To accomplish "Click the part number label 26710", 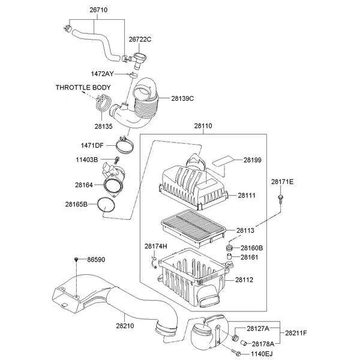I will [x=98, y=11].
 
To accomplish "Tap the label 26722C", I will [x=140, y=40].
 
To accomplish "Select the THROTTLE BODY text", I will [x=83, y=88].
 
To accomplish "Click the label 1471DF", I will [x=92, y=145].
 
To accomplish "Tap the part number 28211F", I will [x=296, y=333].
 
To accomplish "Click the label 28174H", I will [x=156, y=247].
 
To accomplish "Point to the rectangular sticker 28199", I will [x=223, y=161].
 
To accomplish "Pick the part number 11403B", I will [x=88, y=160].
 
